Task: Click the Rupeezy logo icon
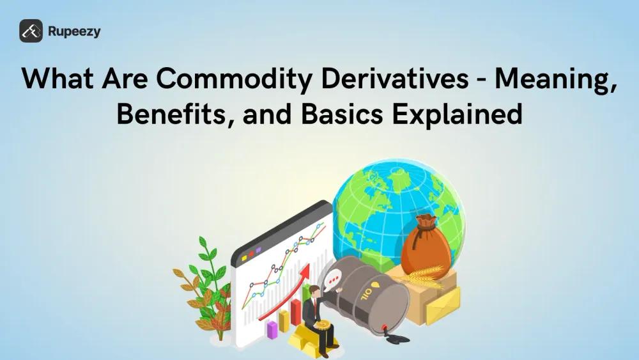coord(31,31)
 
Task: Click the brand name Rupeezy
coord(74,31)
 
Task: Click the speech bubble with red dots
coord(334,279)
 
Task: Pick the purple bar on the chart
coord(272,329)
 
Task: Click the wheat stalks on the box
coord(424,277)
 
